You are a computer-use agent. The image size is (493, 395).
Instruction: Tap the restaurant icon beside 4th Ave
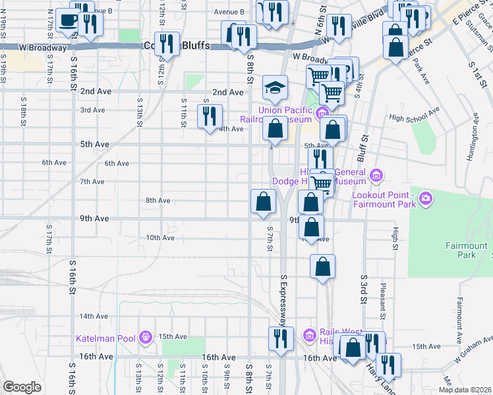[x=210, y=117]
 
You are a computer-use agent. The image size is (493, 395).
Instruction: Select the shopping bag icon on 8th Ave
[x=263, y=201]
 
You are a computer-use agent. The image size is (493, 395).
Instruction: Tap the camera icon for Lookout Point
[x=426, y=197]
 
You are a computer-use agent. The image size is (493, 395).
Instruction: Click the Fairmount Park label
[x=471, y=250]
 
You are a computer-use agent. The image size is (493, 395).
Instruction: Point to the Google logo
[x=22, y=386]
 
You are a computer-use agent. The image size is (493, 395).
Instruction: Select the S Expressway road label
[x=284, y=300]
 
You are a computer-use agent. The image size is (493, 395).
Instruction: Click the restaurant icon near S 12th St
[x=167, y=44]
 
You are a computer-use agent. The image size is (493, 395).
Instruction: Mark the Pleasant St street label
[x=382, y=290]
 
